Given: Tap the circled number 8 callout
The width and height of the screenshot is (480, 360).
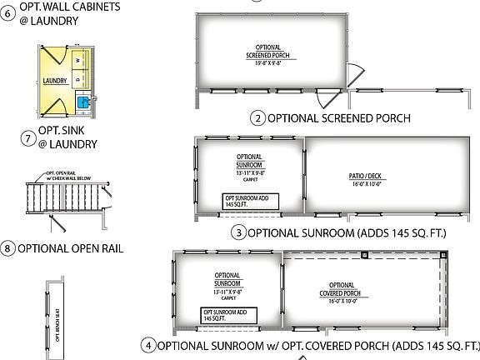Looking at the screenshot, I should (8, 247).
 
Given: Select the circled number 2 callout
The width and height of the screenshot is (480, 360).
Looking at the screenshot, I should (259, 117).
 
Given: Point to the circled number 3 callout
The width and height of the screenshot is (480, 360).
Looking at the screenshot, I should (239, 232).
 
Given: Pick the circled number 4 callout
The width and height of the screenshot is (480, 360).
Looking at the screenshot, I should (148, 345).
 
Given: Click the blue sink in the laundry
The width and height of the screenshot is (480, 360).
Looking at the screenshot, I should (83, 103).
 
